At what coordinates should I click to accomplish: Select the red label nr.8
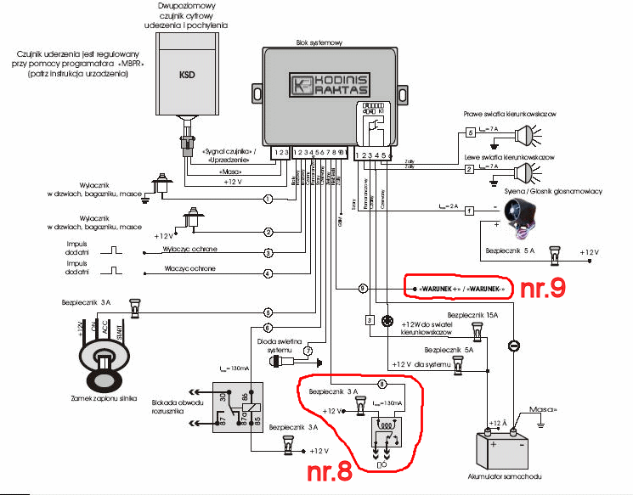pyautogui.click(x=327, y=470)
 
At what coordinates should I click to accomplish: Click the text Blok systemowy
pyautogui.click(x=318, y=41)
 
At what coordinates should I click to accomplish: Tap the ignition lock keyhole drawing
pyautogui.click(x=102, y=357)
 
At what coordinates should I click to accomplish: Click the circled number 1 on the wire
pyautogui.click(x=268, y=199)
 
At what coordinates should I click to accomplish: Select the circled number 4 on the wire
pyautogui.click(x=268, y=273)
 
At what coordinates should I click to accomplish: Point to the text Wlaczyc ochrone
pyautogui.click(x=184, y=269)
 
